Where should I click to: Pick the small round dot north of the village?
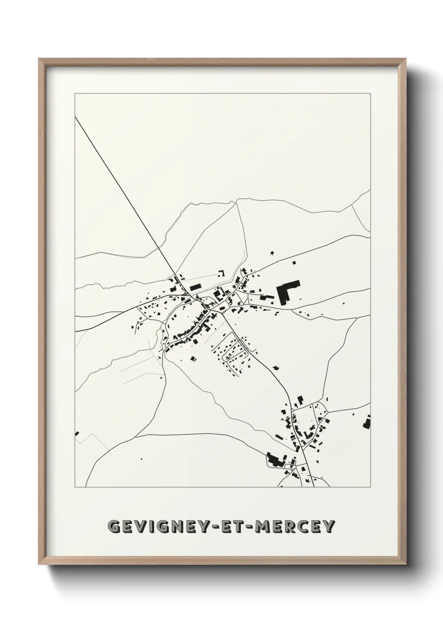272,253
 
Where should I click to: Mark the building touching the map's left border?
77,433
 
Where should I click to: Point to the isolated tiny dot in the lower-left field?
141,459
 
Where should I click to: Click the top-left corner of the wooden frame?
39,60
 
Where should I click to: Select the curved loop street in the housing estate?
233,353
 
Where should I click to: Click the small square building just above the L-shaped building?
294,263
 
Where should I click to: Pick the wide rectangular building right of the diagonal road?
195,287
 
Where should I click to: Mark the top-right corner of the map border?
370,94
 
